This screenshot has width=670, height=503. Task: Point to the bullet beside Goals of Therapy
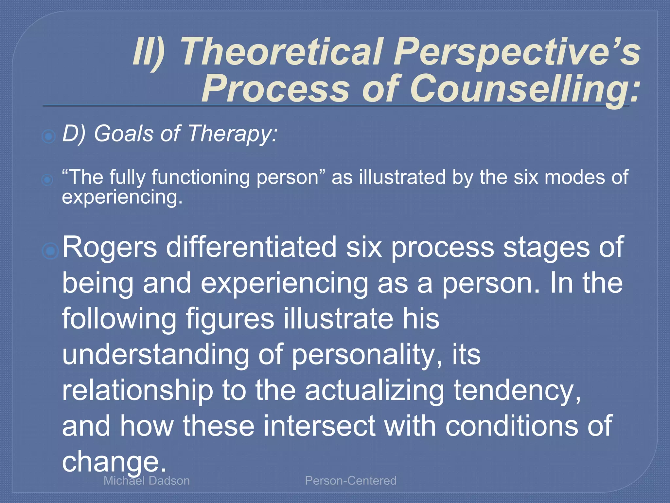pos(49,136)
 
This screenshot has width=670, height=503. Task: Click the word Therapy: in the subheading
pos(232,134)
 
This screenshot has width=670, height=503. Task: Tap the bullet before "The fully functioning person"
pos(48,179)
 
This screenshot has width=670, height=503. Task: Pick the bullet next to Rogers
pos(50,251)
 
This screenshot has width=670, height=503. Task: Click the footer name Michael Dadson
pos(147,481)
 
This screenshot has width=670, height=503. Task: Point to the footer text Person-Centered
pos(350,481)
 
